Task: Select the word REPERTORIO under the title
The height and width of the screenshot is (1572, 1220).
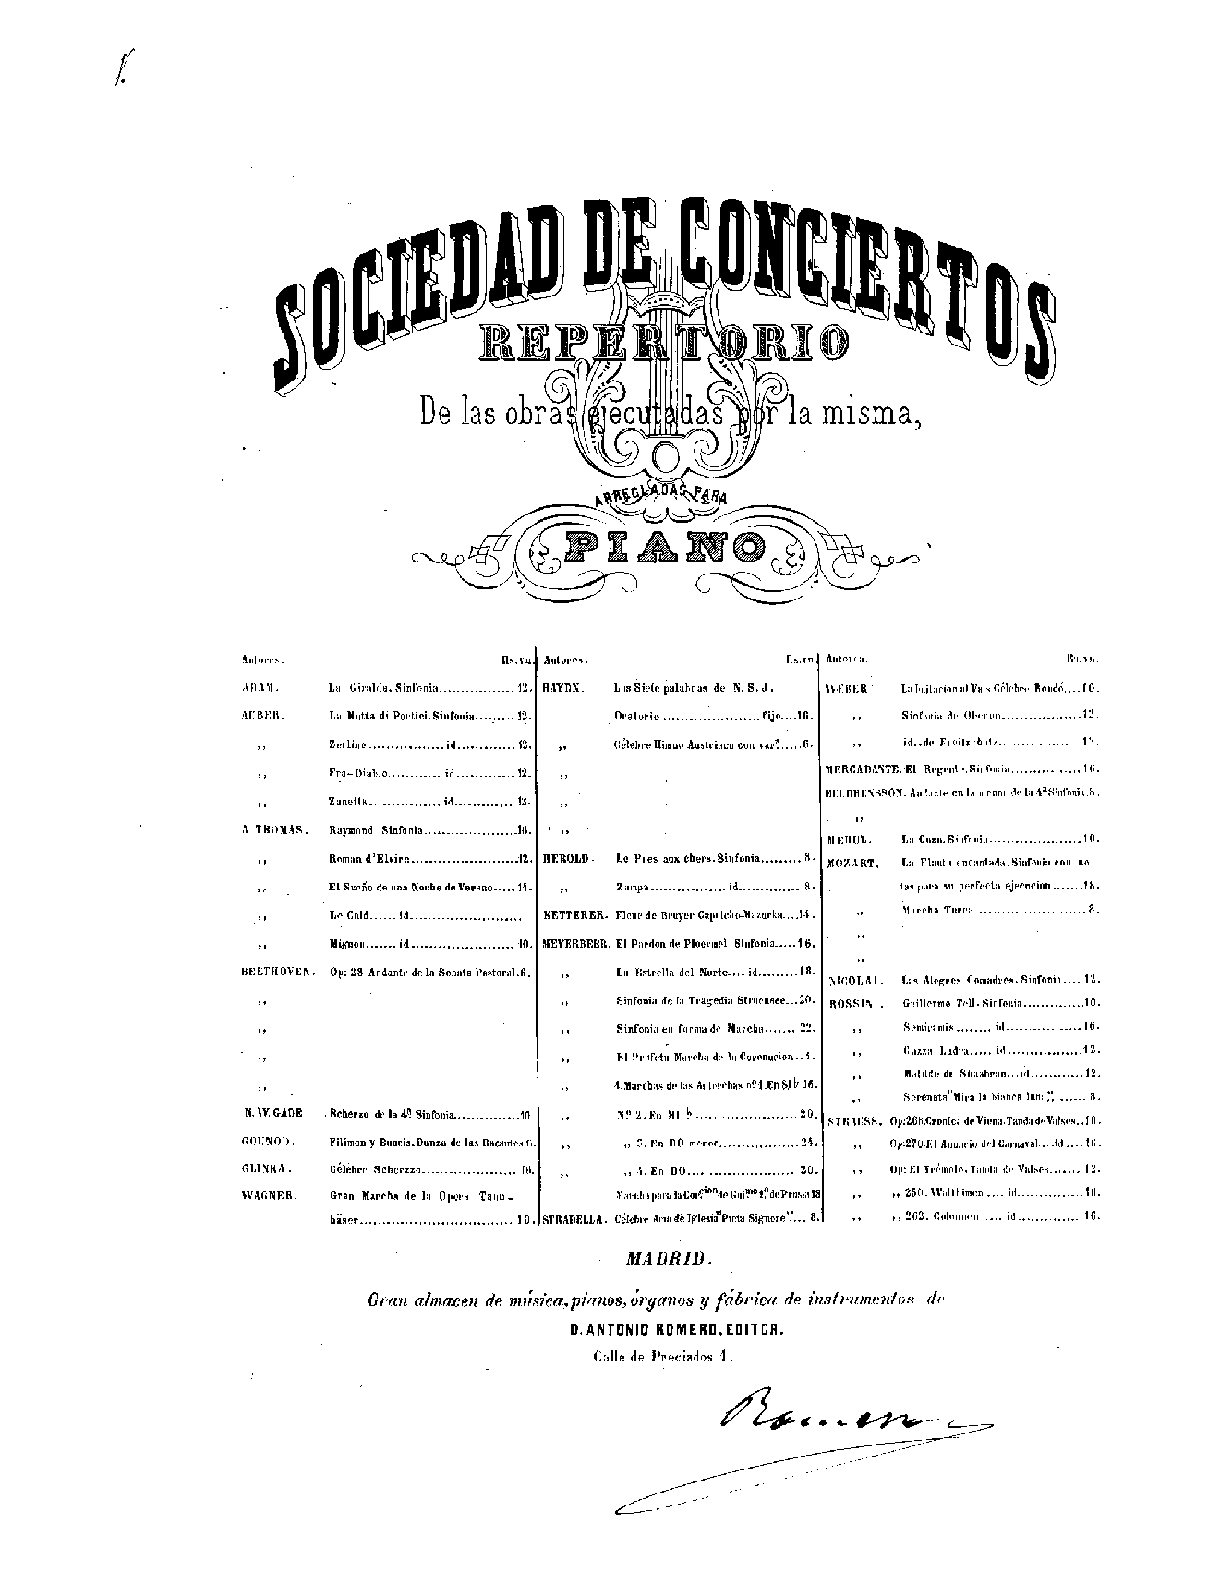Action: coord(662,343)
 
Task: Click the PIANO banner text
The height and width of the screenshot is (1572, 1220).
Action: coord(664,547)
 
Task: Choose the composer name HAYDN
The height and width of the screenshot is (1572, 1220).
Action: coord(564,688)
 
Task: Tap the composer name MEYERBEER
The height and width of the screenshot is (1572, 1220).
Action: coord(574,944)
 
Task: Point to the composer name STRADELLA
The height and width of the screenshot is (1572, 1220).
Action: coord(574,1218)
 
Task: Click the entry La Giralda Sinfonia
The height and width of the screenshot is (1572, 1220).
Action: coord(383,688)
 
